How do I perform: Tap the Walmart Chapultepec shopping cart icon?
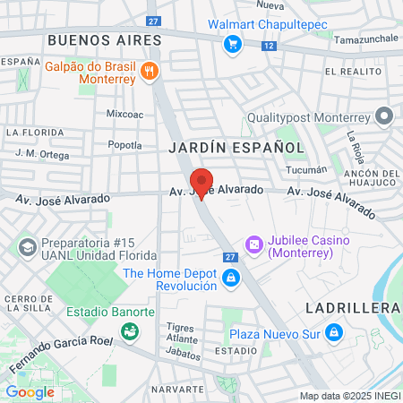232,42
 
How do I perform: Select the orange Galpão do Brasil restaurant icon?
150,71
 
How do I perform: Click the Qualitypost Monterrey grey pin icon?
384,115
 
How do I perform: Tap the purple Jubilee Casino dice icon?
254,244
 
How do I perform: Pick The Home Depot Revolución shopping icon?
231,279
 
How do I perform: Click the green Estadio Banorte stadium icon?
130,331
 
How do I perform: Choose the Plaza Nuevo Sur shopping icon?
334,333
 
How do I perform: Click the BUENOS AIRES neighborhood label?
105,40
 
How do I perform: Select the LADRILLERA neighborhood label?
352,307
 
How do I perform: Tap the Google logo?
30,391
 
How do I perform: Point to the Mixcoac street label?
125,115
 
